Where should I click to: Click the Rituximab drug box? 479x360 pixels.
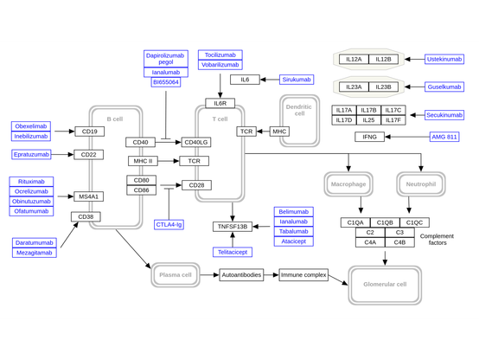tap(31, 182)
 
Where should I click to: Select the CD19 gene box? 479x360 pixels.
tap(90, 132)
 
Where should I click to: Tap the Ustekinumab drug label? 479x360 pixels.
tap(444, 60)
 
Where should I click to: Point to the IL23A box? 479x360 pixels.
tap(354, 87)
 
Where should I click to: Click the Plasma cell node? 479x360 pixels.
tap(176, 274)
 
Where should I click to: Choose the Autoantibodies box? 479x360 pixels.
tap(241, 275)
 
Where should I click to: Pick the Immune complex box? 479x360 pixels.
tap(303, 275)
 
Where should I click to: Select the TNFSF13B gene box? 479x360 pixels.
tap(233, 227)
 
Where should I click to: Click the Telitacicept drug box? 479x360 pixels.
tap(233, 252)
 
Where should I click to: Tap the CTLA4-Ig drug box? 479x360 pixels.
tap(169, 224)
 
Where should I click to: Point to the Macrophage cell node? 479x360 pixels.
tap(348, 184)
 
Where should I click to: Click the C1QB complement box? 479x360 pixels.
tap(385, 222)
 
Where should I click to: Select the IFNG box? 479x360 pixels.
tap(370, 137)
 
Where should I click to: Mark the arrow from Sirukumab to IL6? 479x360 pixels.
tap(270, 80)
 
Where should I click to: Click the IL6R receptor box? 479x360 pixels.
tap(220, 103)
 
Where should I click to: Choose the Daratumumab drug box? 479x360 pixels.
tap(35, 243)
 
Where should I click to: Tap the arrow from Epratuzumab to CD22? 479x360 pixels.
tap(62, 154)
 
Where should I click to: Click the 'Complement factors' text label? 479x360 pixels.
tap(437, 239)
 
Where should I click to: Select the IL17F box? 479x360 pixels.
tap(393, 120)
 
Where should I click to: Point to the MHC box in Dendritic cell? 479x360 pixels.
tap(279, 132)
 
